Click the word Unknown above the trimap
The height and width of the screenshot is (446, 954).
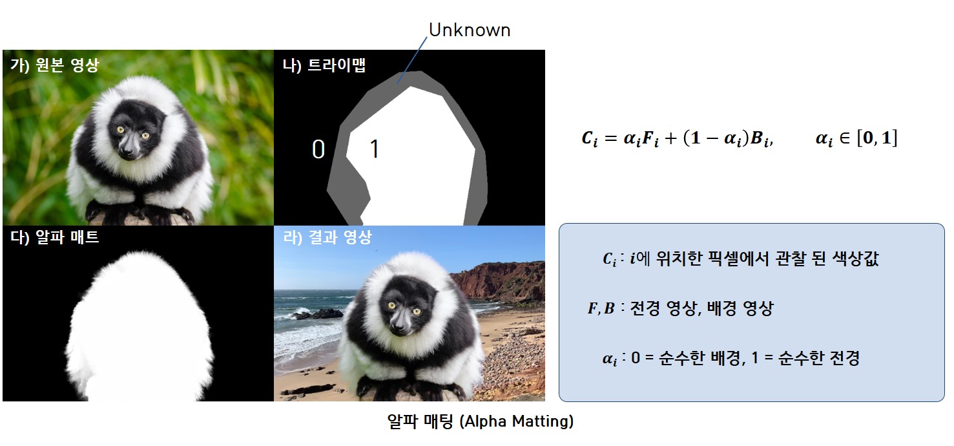pos(470,30)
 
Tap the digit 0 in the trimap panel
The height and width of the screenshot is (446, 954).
pos(318,149)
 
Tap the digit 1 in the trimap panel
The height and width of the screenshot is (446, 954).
pos(375,149)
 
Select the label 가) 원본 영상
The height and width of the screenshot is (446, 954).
pos(54,65)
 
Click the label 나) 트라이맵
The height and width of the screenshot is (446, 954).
pos(324,65)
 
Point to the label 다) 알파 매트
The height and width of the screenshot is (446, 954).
pos(54,237)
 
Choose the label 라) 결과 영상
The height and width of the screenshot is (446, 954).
pos(327,237)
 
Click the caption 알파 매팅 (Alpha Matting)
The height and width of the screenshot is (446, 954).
pos(481,421)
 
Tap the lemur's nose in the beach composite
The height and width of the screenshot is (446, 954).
pos(399,327)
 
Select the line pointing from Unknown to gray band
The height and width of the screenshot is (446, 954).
pos(412,60)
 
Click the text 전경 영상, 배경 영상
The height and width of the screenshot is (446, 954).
pos(701,308)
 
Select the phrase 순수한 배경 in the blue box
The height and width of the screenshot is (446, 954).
pos(700,358)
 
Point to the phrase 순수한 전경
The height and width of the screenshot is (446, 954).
pos(818,358)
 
